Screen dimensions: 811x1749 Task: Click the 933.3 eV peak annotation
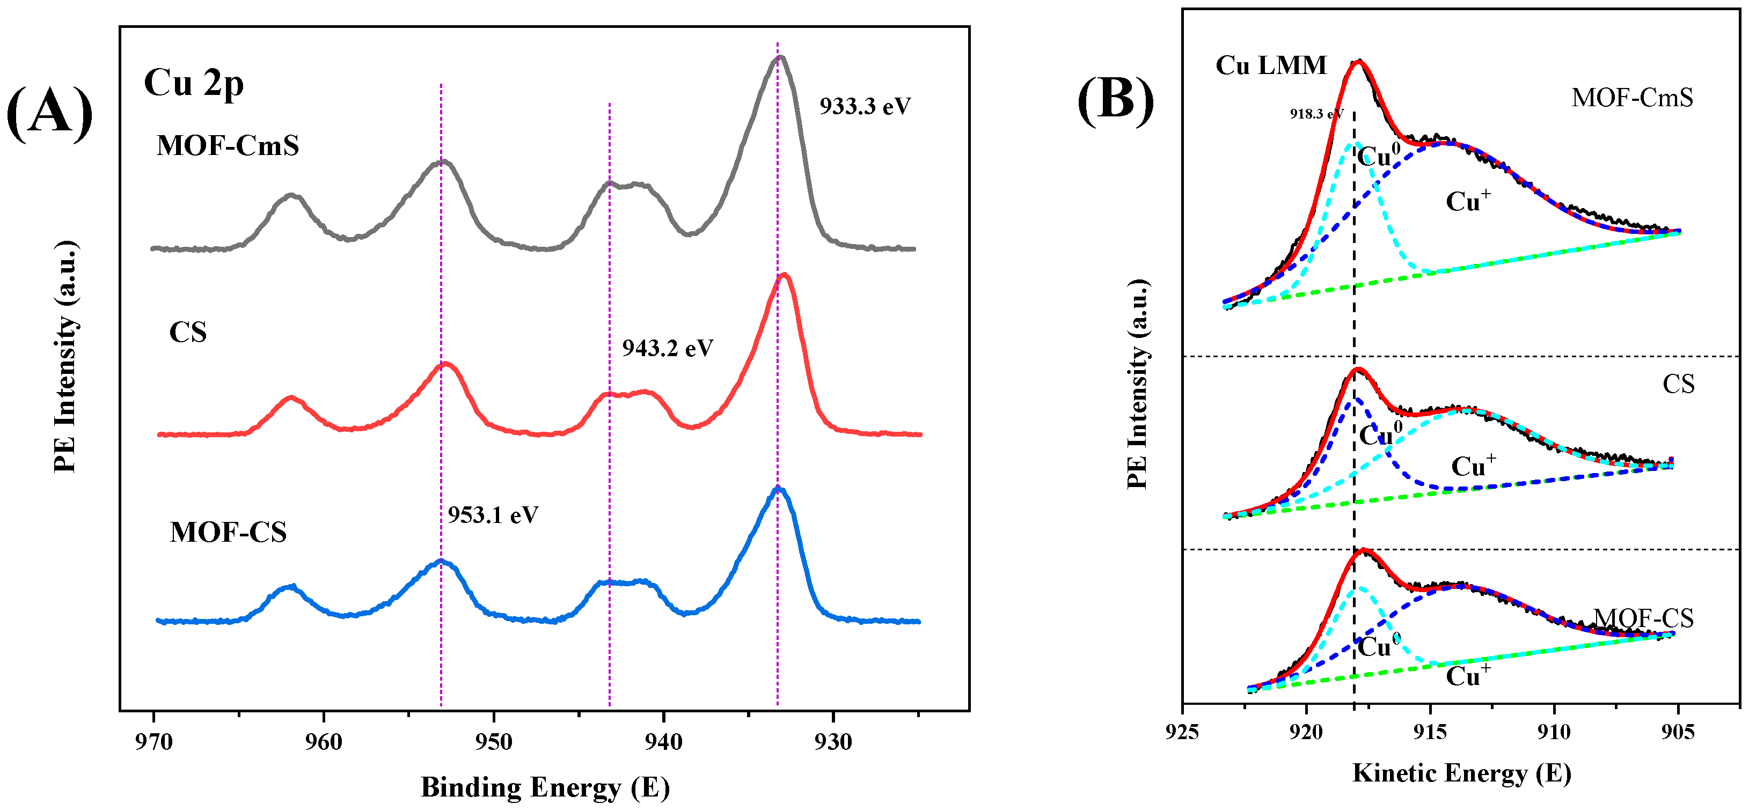point(865,107)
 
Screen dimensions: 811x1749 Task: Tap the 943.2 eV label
point(668,348)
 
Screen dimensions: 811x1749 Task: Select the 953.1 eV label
point(493,515)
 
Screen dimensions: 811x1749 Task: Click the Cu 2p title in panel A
point(194,84)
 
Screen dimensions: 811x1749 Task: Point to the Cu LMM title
point(1270,65)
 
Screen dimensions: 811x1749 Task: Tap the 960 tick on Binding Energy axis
point(324,742)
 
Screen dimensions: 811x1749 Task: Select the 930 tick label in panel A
point(833,742)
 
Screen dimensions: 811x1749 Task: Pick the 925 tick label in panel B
point(1183,732)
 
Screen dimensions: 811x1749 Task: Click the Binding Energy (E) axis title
point(545,787)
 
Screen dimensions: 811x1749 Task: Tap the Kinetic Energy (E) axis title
point(1461,773)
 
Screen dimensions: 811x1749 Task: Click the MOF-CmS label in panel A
point(228,146)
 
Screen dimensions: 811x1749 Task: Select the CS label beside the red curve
point(187,333)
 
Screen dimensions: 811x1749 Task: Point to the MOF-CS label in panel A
point(228,533)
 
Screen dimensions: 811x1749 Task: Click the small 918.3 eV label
point(1316,114)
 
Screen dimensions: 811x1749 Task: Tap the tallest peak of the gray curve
point(780,58)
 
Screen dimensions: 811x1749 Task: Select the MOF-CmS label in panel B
point(1631,98)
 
